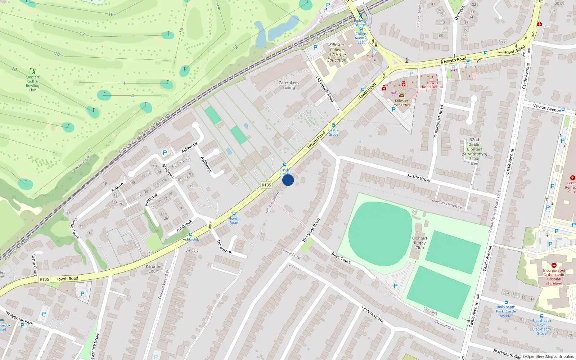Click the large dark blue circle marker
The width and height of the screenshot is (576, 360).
pyautogui.click(x=288, y=180)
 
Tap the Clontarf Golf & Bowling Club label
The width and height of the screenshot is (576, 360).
pyautogui.click(x=32, y=84)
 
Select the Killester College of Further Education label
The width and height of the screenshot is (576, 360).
pyautogui.click(x=337, y=53)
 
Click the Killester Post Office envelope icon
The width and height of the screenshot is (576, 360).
pyautogui.click(x=402, y=95)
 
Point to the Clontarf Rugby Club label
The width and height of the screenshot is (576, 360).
pyautogui.click(x=420, y=243)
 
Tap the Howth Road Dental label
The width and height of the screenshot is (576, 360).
pyautogui.click(x=432, y=85)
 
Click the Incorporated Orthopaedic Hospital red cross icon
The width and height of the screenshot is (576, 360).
pyautogui.click(x=554, y=265)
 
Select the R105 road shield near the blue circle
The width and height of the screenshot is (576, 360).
pyautogui.click(x=266, y=185)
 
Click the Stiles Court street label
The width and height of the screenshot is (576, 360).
pyautogui.click(x=341, y=258)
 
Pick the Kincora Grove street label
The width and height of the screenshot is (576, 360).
pyautogui.click(x=373, y=314)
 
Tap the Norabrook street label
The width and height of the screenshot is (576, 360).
pyautogui.click(x=224, y=247)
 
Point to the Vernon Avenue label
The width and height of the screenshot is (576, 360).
pyautogui.click(x=547, y=108)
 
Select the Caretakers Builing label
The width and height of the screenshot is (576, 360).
pyautogui.click(x=288, y=85)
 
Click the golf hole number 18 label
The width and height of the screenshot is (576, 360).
pyautogui.click(x=58, y=54)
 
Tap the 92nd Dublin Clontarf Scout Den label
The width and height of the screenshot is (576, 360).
pyautogui.click(x=474, y=152)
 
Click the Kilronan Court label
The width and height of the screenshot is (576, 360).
pyautogui.click(x=154, y=269)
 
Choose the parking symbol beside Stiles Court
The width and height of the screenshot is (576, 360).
pyautogui.click(x=396, y=286)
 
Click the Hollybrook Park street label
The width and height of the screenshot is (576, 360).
pyautogui.click(x=19, y=318)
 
